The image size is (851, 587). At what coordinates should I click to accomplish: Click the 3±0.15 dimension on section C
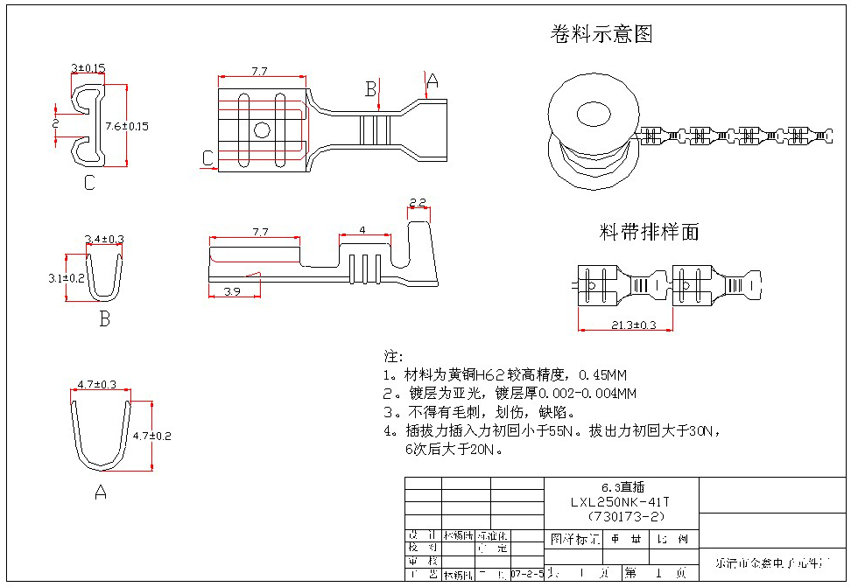(x=88, y=67)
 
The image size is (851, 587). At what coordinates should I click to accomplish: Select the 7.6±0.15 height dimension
(x=127, y=126)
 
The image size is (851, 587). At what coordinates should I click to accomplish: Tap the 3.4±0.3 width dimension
(x=104, y=238)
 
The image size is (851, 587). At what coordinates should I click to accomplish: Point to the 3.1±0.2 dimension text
(x=67, y=278)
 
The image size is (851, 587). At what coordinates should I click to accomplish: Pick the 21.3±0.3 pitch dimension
(x=625, y=325)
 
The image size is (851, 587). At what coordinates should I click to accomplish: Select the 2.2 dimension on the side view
(x=418, y=203)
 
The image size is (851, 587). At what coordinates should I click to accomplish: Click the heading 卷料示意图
(x=601, y=34)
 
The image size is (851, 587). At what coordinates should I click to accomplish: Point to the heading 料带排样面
(x=649, y=232)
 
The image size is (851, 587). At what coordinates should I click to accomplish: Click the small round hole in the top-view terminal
(x=262, y=131)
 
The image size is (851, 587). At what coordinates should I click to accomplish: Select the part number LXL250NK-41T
(x=621, y=502)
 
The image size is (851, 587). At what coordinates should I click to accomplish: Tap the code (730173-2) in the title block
(x=621, y=515)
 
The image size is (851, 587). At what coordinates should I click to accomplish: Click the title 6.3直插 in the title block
(x=620, y=487)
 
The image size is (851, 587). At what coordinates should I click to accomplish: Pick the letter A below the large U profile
(x=100, y=493)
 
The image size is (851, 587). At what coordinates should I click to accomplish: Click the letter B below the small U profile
(x=104, y=319)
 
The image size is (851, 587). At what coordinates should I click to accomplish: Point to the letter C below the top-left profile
(x=89, y=183)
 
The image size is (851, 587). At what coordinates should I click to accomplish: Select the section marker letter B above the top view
(x=370, y=88)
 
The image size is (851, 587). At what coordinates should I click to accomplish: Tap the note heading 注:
(x=393, y=357)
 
